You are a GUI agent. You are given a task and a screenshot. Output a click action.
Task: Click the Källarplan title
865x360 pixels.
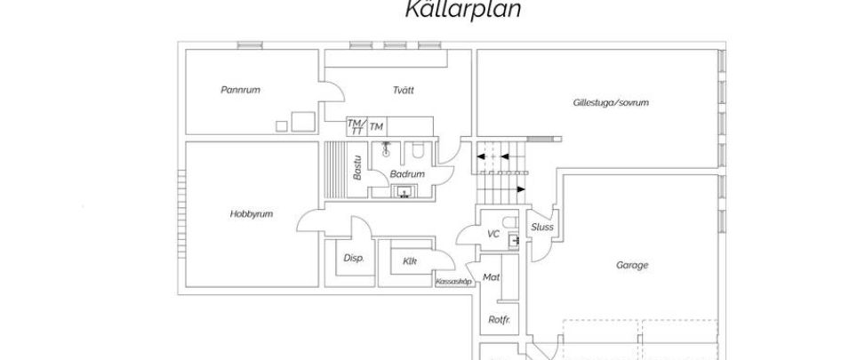pos(462,11)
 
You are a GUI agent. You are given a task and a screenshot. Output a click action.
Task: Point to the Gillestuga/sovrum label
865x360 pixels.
pos(611,103)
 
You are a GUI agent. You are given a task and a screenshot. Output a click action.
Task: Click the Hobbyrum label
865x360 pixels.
pos(251,213)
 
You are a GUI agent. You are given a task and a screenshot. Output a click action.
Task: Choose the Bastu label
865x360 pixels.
pos(357,169)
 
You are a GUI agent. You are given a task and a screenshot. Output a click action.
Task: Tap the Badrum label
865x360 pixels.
pos(407,174)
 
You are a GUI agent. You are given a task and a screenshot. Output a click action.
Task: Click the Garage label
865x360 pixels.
pos(632,265)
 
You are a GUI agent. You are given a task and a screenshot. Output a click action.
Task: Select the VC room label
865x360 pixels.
pos(493,235)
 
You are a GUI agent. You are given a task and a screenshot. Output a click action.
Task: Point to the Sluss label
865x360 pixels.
pos(541,227)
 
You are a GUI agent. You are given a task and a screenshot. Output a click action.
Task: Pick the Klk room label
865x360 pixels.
pos(410,261)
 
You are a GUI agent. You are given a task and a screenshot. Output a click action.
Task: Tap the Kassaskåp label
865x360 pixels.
pos(453,281)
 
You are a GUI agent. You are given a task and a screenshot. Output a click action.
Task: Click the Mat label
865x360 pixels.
pos(491,277)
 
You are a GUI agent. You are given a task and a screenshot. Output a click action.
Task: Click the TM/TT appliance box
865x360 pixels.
pos(356,126)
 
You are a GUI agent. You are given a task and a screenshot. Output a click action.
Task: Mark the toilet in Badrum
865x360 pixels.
pos(419,148)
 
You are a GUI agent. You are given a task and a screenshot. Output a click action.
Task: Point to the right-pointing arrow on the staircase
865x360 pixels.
pos(516,188)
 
